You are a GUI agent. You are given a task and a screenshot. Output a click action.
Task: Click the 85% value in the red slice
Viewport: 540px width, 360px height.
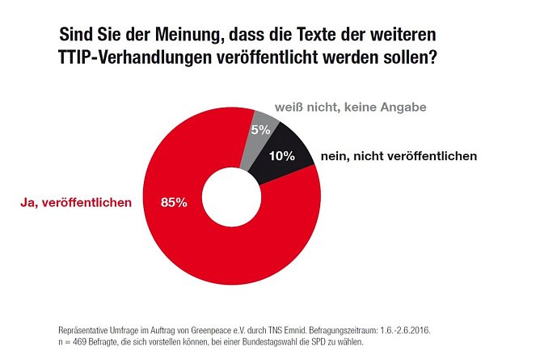click(x=174, y=202)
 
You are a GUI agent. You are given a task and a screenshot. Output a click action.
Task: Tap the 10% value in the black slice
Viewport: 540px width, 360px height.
click(x=283, y=156)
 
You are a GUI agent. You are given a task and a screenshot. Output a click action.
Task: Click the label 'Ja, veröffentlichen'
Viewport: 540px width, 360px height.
click(x=76, y=202)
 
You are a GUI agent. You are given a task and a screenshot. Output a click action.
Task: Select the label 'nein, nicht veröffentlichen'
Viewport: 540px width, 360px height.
click(x=399, y=155)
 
